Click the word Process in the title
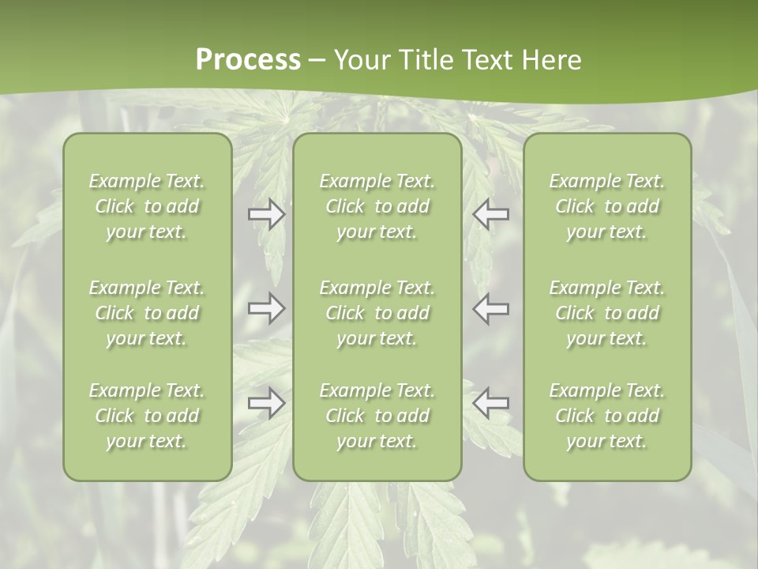pos(248,60)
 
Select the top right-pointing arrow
pos(267,214)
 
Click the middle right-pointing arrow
pos(267,307)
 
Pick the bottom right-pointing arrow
pos(267,403)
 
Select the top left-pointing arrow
pos(491,214)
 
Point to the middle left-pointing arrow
pos(491,307)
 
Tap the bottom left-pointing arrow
pos(491,403)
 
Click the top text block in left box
pos(147,206)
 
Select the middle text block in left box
pos(147,313)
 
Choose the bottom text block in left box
pos(147,416)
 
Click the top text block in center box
pos(377,206)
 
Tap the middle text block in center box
pos(377,313)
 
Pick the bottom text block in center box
pos(377,416)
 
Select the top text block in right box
pos(607,206)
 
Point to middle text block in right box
pos(607,313)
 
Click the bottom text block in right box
pos(607,416)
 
